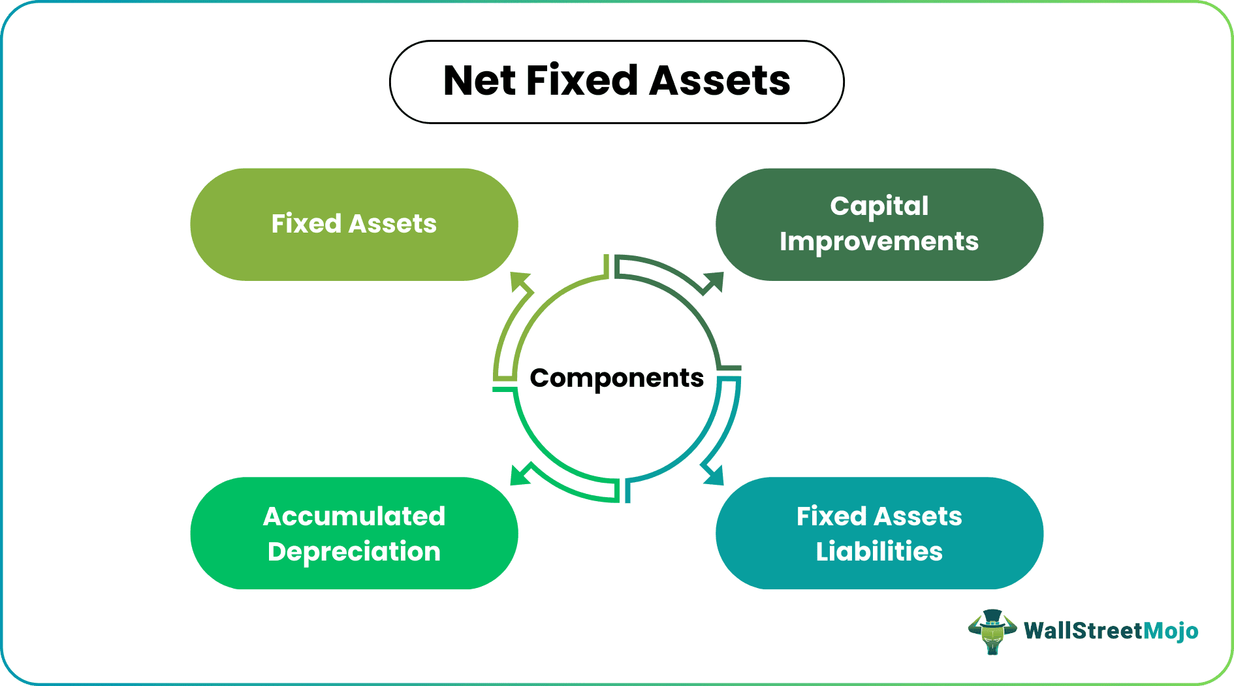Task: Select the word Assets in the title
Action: (720, 81)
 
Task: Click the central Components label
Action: (617, 378)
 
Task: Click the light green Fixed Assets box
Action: (354, 225)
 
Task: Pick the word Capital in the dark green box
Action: (879, 206)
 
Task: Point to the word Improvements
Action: (879, 242)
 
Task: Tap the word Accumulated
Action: (354, 516)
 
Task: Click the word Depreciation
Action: (354, 552)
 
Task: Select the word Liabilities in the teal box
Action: (879, 551)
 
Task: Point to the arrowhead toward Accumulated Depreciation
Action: (521, 474)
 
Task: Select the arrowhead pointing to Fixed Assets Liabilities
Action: (713, 474)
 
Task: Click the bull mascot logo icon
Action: (992, 632)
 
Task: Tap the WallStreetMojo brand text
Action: (1111, 631)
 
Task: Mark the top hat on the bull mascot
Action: (992, 617)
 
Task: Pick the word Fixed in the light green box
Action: (306, 223)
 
